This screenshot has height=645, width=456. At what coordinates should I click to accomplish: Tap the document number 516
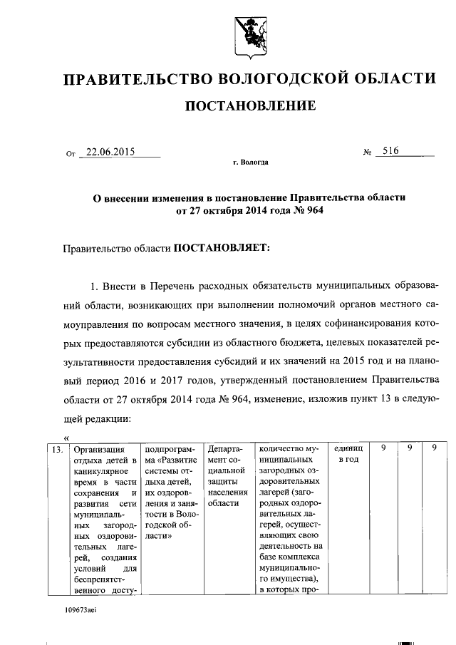coord(390,150)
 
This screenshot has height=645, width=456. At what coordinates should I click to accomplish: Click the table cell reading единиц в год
coord(348,455)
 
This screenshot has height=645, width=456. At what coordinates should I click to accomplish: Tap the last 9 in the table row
coord(433,450)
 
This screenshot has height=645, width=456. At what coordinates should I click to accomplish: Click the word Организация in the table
coord(99,450)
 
